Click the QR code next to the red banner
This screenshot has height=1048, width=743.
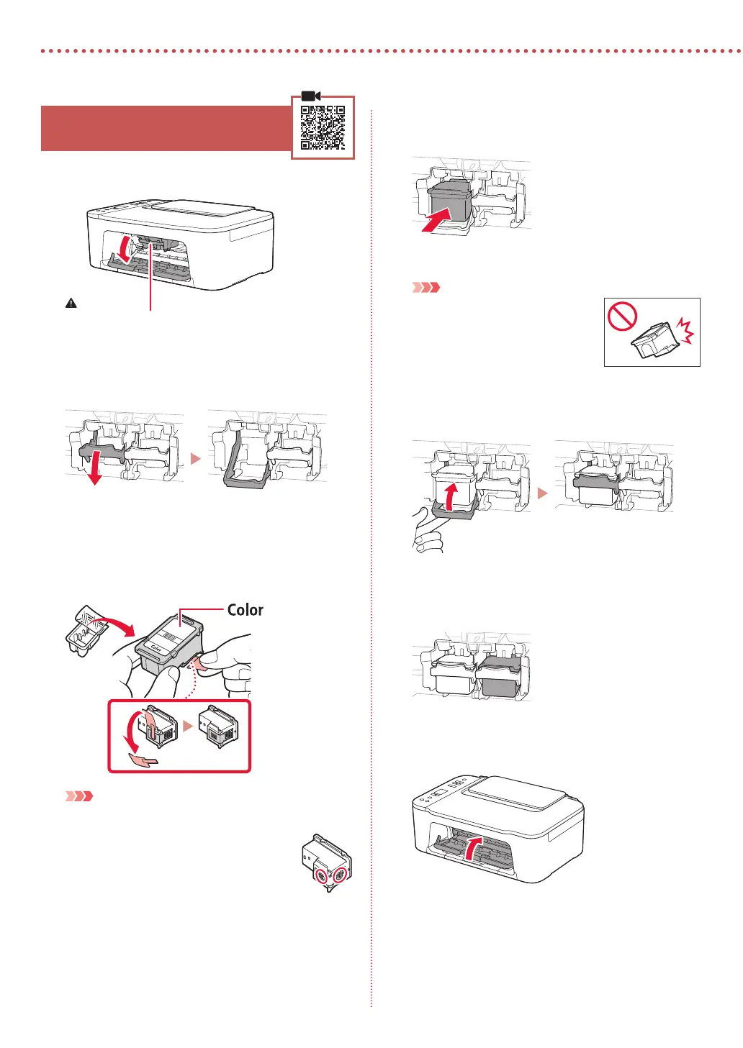pos(323,127)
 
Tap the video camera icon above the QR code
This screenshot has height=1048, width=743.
pos(310,96)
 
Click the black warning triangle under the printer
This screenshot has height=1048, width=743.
pos(71,304)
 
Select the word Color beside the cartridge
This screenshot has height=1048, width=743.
pos(245,610)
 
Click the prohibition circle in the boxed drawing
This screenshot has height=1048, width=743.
pos(623,316)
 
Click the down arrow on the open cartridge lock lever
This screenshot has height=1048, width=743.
pos(94,472)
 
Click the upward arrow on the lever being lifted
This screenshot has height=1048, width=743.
pos(450,498)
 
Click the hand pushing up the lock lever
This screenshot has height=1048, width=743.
pos(428,532)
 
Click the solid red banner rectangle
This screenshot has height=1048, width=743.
pos(166,128)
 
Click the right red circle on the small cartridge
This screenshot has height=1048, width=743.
pos(341,875)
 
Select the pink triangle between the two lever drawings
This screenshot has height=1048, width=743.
pos(195,458)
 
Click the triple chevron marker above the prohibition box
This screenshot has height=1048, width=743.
pos(425,288)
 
